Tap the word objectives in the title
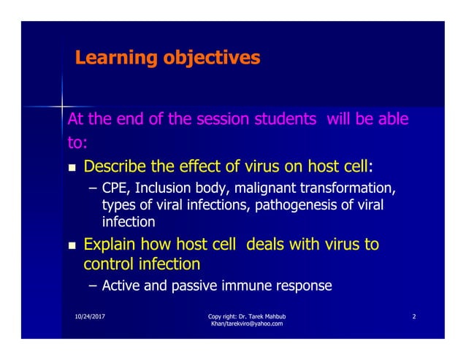point(211,58)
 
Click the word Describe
point(121,166)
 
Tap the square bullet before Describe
point(72,168)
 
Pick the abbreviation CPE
point(115,189)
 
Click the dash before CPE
point(92,189)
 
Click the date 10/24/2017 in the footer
point(88,316)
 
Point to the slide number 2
point(414,316)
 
